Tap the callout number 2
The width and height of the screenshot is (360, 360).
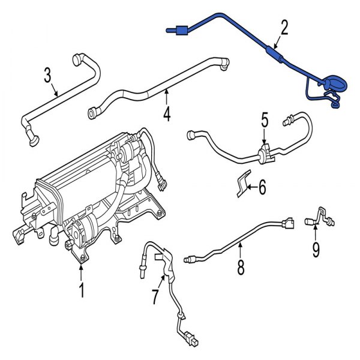(x=284, y=27)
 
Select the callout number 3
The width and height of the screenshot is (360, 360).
(x=49, y=76)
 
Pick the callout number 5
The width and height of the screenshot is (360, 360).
(x=264, y=121)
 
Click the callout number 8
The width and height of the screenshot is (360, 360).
(x=241, y=266)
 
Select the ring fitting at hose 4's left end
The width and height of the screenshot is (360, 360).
(x=92, y=112)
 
